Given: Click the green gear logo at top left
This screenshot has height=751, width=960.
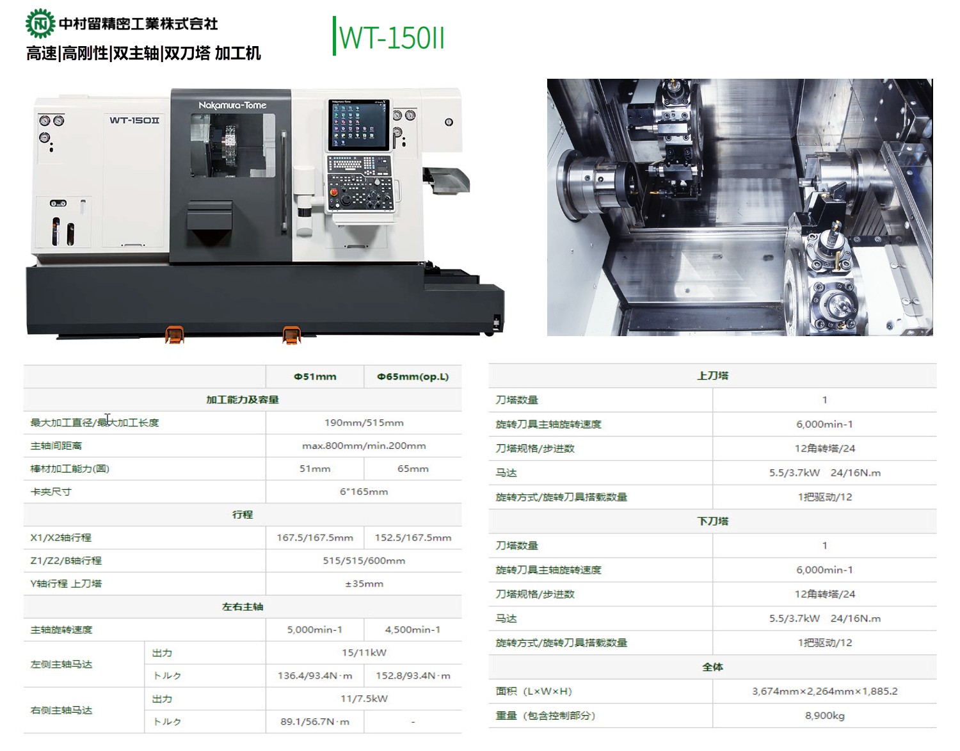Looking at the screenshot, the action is [x=40, y=24].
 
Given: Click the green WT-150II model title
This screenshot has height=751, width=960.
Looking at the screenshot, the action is [x=392, y=38].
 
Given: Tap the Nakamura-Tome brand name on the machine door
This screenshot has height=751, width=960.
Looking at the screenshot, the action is [x=232, y=105].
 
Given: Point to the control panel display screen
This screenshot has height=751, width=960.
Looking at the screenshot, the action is [x=359, y=125].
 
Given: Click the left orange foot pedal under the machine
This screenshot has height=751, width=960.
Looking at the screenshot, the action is [x=175, y=334].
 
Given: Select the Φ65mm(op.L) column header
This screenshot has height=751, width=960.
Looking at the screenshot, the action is [x=413, y=377].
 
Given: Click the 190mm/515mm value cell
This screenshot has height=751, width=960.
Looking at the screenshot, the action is [x=364, y=423].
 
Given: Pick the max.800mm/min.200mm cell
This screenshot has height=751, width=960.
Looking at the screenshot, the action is [x=364, y=446].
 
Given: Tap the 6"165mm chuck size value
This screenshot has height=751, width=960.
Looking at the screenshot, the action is [x=364, y=492].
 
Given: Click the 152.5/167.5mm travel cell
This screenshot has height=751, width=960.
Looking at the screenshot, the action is [x=413, y=538].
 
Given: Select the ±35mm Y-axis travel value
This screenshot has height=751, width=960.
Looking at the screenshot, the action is [x=364, y=583].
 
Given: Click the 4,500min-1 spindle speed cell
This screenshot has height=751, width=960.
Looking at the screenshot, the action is [x=413, y=629].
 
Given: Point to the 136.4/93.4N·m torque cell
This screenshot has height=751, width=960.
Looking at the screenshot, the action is [x=315, y=675].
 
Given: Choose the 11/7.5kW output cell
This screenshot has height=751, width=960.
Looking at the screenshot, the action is [x=364, y=699].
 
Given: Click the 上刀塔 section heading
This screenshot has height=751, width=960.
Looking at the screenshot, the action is [x=712, y=375].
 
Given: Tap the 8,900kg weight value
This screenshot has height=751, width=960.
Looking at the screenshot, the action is [x=825, y=715].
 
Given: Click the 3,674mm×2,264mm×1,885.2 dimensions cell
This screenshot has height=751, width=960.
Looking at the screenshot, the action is [x=825, y=691].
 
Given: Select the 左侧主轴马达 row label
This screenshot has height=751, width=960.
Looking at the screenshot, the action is [x=61, y=664].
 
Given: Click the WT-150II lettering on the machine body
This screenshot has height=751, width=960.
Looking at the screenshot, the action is [x=134, y=120].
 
